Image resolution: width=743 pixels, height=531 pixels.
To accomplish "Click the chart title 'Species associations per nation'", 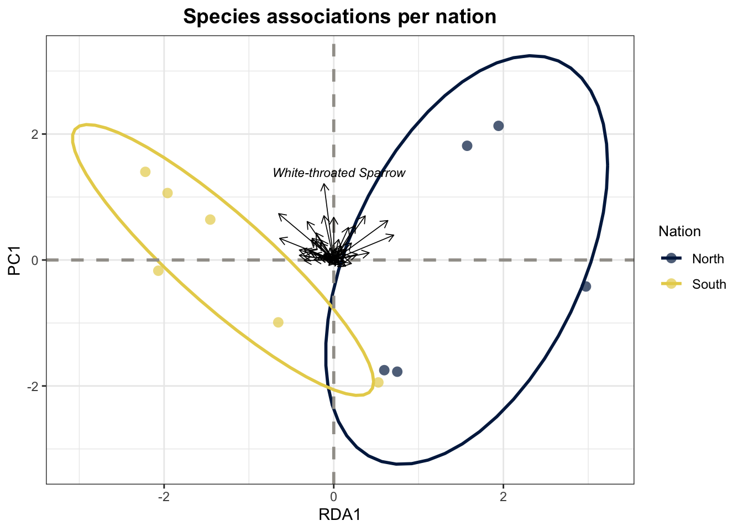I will (x=339, y=17).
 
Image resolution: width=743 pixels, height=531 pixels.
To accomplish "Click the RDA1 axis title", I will (x=339, y=515).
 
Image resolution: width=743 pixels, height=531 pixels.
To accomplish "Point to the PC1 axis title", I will (x=15, y=259).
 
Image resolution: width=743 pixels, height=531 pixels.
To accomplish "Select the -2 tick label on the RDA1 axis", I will (x=164, y=497).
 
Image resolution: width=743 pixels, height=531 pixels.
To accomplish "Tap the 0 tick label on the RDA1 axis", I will (x=333, y=497).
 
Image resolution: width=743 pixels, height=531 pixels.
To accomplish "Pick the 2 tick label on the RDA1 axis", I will (x=503, y=497).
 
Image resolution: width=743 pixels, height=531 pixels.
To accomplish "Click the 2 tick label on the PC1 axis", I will (x=34, y=134).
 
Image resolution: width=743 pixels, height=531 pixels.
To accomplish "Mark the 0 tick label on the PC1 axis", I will (x=34, y=260).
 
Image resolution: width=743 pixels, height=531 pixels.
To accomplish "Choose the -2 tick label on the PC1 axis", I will (x=32, y=386).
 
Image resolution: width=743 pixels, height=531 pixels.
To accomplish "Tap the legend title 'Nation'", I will (x=679, y=232).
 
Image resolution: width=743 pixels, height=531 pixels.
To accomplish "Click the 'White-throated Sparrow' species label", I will (x=339, y=173).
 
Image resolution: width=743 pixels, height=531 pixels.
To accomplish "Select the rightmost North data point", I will (x=586, y=287).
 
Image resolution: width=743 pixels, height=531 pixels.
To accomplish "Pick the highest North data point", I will (x=498, y=126).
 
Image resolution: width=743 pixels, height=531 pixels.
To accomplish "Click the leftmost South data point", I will (x=145, y=172).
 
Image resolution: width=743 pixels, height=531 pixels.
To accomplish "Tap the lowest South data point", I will (x=378, y=383).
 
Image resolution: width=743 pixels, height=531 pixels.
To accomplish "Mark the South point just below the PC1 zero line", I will (x=158, y=270).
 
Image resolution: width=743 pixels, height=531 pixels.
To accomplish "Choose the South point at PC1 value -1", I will (x=278, y=322).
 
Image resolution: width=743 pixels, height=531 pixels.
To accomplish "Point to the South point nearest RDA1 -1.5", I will (x=210, y=220).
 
